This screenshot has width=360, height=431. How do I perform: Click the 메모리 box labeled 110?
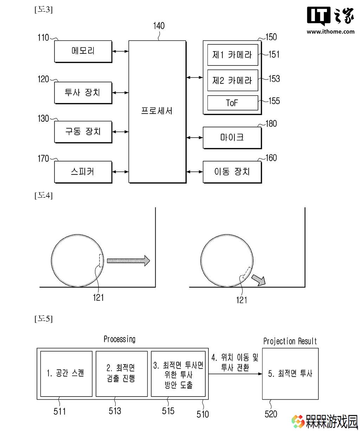click(83, 51)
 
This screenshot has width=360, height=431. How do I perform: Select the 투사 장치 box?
click(83, 93)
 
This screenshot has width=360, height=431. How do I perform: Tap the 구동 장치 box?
click(83, 132)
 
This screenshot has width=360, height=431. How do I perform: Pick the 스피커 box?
click(83, 172)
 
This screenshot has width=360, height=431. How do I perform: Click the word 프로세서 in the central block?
click(156, 111)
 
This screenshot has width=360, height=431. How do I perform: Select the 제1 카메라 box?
click(232, 55)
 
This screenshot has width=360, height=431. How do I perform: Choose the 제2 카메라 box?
click(232, 80)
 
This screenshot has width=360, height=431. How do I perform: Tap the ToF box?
click(232, 103)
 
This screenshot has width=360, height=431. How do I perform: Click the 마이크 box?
click(232, 138)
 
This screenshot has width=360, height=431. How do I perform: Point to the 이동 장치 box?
click(232, 172)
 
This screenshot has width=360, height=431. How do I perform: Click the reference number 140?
click(159, 26)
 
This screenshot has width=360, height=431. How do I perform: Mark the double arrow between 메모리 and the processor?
click(121, 51)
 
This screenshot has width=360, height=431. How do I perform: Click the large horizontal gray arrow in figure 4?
click(128, 261)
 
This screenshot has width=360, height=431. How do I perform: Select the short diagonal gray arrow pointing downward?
click(258, 280)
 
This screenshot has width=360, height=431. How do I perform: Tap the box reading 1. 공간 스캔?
click(66, 374)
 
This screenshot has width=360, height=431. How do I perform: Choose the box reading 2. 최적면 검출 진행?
click(122, 374)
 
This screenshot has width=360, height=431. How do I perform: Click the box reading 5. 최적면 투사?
click(290, 374)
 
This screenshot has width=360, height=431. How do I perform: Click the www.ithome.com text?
click(330, 32)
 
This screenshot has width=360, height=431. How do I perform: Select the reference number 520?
click(271, 414)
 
